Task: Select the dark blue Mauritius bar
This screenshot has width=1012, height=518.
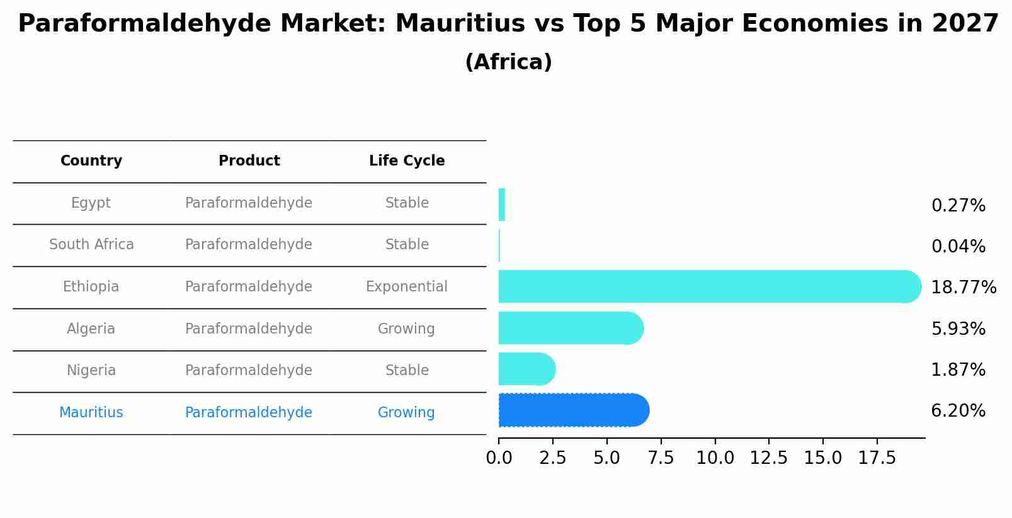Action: (573, 410)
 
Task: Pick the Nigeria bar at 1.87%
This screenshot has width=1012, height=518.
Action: (526, 369)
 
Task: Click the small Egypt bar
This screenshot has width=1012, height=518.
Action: (502, 205)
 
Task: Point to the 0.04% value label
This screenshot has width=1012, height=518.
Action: (958, 247)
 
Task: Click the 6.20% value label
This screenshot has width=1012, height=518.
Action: (958, 411)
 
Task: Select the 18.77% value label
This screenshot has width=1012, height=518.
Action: (963, 288)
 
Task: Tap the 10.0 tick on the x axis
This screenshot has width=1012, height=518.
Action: (715, 458)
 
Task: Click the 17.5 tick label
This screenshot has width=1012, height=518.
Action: (877, 458)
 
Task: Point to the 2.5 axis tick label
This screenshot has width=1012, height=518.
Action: (552, 458)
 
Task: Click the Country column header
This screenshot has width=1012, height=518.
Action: (91, 161)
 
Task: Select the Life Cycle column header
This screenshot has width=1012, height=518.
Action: (407, 161)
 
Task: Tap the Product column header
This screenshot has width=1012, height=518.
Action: (249, 161)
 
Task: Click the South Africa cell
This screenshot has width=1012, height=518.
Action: (91, 245)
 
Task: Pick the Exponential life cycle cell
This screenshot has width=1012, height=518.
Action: (406, 287)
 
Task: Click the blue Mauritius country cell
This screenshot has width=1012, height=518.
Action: (91, 413)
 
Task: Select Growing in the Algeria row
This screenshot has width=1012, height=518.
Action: (406, 329)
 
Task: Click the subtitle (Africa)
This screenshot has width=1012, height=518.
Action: (508, 62)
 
